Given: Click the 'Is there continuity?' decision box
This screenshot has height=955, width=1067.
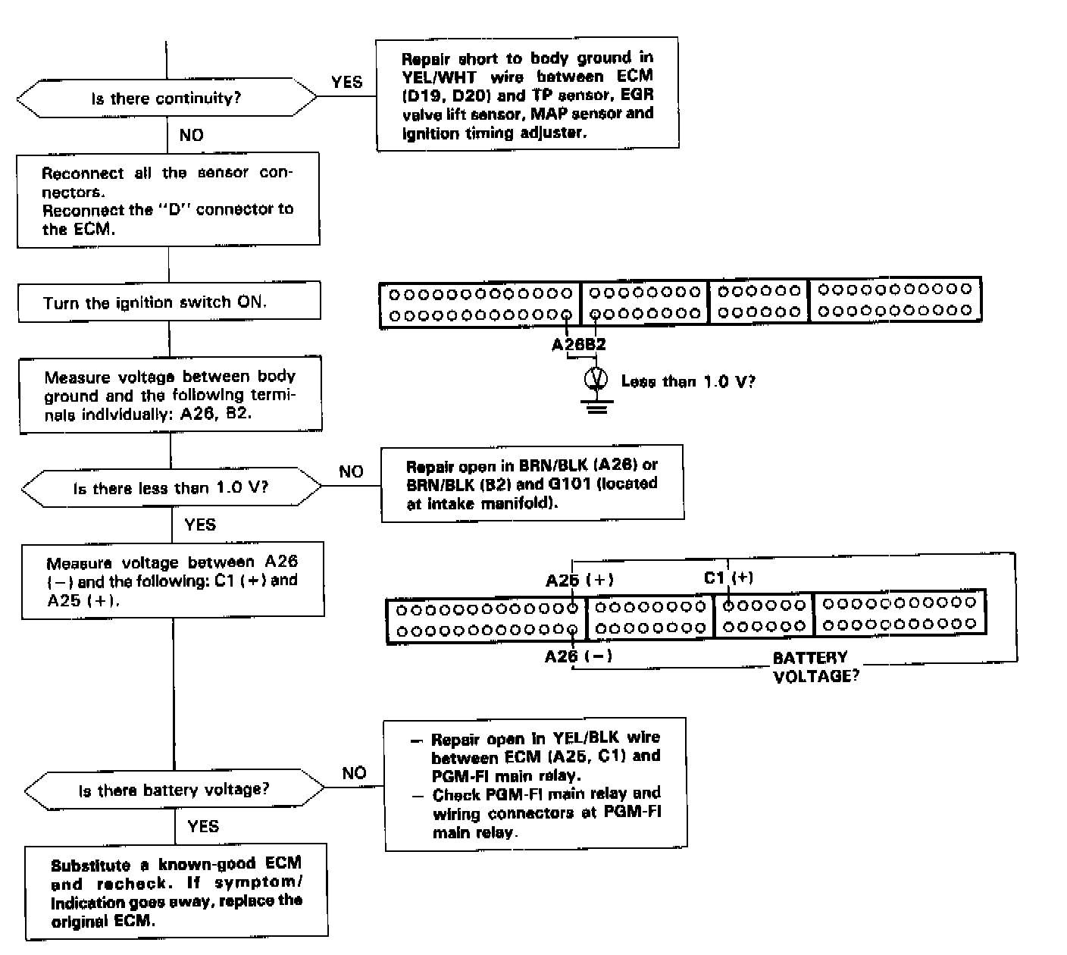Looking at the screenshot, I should click(167, 99).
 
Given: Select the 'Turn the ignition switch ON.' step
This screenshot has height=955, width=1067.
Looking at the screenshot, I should click(169, 302).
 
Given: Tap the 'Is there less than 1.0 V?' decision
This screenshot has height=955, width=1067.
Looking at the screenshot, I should click(171, 489).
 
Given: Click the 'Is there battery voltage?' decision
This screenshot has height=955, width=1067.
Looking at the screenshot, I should click(174, 790).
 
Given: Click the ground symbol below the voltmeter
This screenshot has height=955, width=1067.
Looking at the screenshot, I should click(598, 408).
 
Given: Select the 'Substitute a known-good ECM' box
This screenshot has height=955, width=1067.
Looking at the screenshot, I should click(177, 892).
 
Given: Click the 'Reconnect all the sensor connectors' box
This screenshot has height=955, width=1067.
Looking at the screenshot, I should click(168, 200).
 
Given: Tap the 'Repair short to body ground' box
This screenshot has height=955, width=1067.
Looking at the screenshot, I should click(527, 94).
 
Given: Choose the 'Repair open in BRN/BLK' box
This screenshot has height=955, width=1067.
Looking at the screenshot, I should click(532, 484).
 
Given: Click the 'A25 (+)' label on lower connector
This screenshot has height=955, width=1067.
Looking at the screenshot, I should click(580, 580).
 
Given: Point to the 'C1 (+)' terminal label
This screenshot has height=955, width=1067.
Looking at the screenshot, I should click(728, 578).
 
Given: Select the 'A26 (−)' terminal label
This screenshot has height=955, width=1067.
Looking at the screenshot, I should click(578, 656).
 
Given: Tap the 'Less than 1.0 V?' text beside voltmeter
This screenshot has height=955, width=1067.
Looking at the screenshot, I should click(687, 381).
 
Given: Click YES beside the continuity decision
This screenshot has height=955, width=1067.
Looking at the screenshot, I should click(347, 82).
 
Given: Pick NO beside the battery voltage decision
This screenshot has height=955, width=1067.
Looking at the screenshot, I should click(354, 773).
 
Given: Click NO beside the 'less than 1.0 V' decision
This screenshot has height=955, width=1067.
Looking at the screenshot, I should click(351, 471).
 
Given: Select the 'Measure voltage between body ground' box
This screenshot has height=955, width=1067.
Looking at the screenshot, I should click(170, 395).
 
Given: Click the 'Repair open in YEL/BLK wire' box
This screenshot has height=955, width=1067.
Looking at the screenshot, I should click(536, 784).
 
